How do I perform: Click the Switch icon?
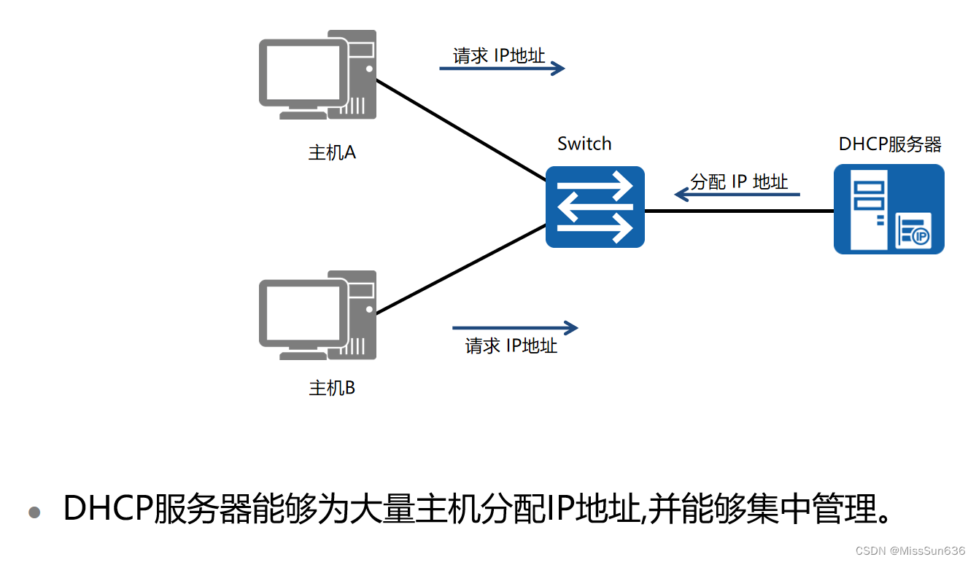[x=595, y=207]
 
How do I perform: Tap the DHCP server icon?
[x=888, y=209]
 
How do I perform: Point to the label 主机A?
[x=332, y=153]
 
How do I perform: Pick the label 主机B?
[x=332, y=388]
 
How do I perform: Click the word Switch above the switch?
[x=584, y=144]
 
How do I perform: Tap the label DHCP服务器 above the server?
[x=890, y=144]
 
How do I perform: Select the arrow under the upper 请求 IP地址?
[x=502, y=69]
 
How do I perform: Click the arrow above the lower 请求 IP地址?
[x=515, y=328]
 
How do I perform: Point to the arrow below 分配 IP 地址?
[x=737, y=195]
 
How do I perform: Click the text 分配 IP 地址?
[x=739, y=182]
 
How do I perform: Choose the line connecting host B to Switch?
[x=460, y=270]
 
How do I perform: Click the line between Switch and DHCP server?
[x=739, y=211]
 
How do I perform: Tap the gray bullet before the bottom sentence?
[x=34, y=512]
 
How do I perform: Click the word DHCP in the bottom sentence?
[x=108, y=508]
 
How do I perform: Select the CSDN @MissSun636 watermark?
[x=910, y=551]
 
